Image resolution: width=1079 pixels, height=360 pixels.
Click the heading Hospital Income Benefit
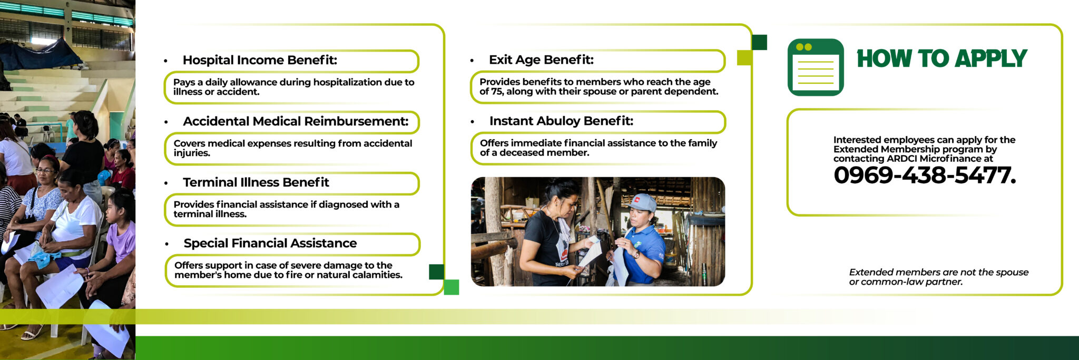(260, 60)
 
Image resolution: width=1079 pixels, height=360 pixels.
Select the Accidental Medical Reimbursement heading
(296, 121)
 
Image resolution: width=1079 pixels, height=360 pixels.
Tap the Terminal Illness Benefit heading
(256, 182)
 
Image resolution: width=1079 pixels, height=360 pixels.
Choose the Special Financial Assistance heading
(270, 243)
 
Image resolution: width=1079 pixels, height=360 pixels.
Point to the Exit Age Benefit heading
(541, 60)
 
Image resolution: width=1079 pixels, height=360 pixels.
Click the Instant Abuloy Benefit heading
(561, 121)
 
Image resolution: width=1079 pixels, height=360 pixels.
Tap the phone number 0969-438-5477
(925, 175)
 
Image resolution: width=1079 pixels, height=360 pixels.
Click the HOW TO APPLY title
(942, 58)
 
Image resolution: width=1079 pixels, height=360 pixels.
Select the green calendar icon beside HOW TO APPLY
(816, 67)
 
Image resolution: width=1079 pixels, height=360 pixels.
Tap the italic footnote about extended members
(938, 277)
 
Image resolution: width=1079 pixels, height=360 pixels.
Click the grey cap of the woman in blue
(641, 202)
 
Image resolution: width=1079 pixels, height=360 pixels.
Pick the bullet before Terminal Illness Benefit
(166, 183)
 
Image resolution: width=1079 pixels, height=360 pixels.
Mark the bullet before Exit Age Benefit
(472, 61)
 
